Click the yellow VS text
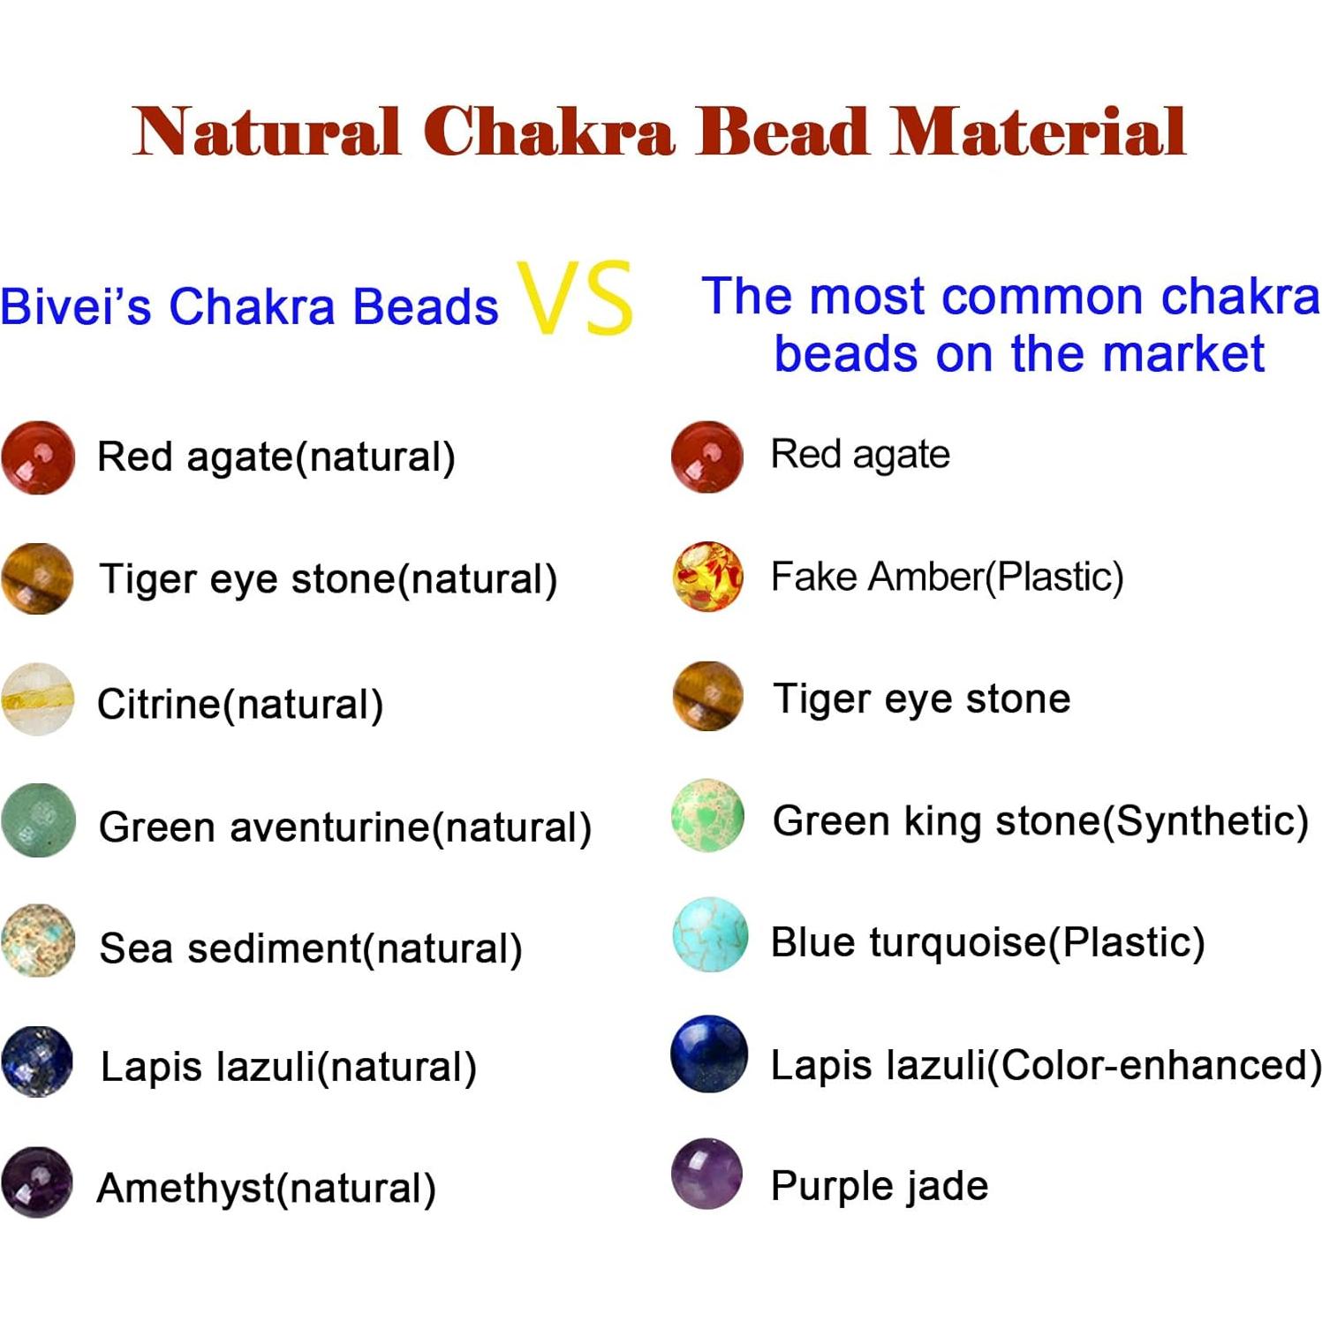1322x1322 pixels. pyautogui.click(x=575, y=298)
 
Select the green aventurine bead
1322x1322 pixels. pyautogui.click(x=37, y=820)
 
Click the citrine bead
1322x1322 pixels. pyautogui.click(x=37, y=699)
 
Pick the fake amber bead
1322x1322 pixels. pyautogui.click(x=707, y=577)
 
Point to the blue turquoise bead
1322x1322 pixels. pyautogui.click(x=709, y=935)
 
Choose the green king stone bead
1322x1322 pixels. pyautogui.click(x=707, y=815)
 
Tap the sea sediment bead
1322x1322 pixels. pyautogui.click(x=37, y=941)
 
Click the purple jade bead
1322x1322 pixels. pyautogui.click(x=706, y=1175)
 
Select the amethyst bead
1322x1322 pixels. pyautogui.click(x=36, y=1183)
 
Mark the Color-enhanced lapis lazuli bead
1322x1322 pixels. pyautogui.click(x=708, y=1054)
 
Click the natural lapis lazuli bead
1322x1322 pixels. pyautogui.click(x=37, y=1061)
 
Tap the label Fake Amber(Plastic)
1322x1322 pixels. pyautogui.click(x=947, y=577)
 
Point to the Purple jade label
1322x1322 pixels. pyautogui.click(x=879, y=1186)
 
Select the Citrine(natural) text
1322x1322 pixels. pyautogui.click(x=240, y=705)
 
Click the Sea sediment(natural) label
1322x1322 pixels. pyautogui.click(x=311, y=948)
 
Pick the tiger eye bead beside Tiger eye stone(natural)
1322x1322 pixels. pyautogui.click(x=37, y=578)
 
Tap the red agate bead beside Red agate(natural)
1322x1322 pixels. pyautogui.click(x=37, y=457)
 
